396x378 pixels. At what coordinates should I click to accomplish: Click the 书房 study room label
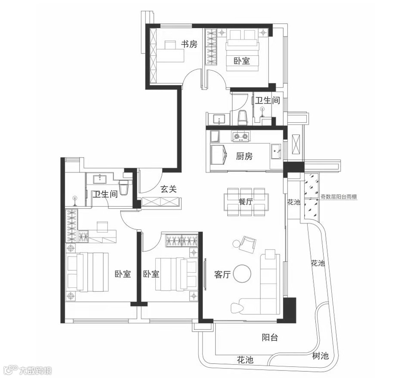[189, 44]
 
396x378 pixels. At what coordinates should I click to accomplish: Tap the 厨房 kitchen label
[244, 156]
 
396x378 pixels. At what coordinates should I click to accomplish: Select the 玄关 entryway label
[169, 189]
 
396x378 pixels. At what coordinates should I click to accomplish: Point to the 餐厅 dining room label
[245, 202]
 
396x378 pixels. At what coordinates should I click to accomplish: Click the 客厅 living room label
[222, 274]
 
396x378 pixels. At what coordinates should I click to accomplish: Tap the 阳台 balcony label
[270, 337]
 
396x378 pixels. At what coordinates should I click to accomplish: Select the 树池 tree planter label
[321, 356]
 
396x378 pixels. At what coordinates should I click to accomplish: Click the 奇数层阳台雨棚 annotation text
[338, 196]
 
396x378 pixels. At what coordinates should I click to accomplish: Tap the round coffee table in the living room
[242, 274]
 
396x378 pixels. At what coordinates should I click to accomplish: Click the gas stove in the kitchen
[240, 137]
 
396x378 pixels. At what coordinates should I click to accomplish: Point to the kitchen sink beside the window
[276, 151]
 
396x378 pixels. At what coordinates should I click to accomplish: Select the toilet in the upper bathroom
[243, 118]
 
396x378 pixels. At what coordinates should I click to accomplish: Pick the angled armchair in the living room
[247, 244]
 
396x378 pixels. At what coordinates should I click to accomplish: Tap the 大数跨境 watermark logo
[27, 370]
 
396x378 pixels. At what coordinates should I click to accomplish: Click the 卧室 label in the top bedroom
[242, 61]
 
